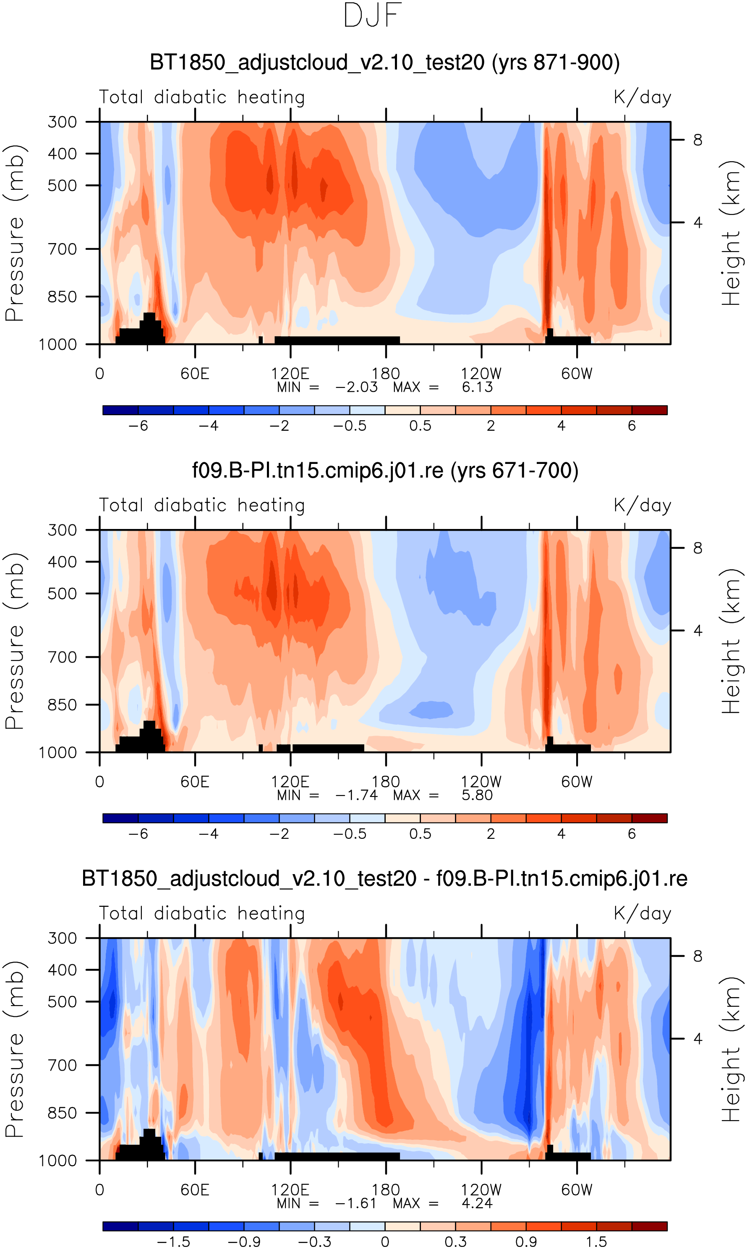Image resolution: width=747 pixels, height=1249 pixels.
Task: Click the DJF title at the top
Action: click(x=373, y=16)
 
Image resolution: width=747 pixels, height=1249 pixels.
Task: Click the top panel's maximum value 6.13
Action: click(x=477, y=387)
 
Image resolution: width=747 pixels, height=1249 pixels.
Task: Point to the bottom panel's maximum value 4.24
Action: click(x=477, y=1203)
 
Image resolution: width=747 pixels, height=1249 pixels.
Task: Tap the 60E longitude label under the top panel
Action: click(x=195, y=374)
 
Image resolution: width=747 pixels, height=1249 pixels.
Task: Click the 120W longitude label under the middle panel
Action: click(x=481, y=782)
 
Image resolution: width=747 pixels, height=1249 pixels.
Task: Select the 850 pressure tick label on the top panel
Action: click(x=63, y=297)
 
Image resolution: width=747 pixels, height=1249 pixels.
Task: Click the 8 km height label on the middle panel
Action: click(x=697, y=548)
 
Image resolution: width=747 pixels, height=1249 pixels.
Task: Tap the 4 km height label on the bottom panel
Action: click(x=697, y=1039)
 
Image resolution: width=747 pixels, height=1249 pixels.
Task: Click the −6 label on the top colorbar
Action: click(x=138, y=426)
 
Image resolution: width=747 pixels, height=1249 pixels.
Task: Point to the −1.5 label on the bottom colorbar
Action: click(x=173, y=1242)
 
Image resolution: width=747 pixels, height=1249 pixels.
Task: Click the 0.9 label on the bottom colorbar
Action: click(x=526, y=1242)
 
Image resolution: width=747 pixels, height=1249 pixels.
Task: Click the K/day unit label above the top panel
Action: click(x=643, y=97)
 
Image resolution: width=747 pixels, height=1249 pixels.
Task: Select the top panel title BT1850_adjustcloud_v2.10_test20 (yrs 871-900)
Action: click(x=384, y=63)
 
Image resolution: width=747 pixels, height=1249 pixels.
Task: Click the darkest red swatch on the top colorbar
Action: click(x=649, y=410)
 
